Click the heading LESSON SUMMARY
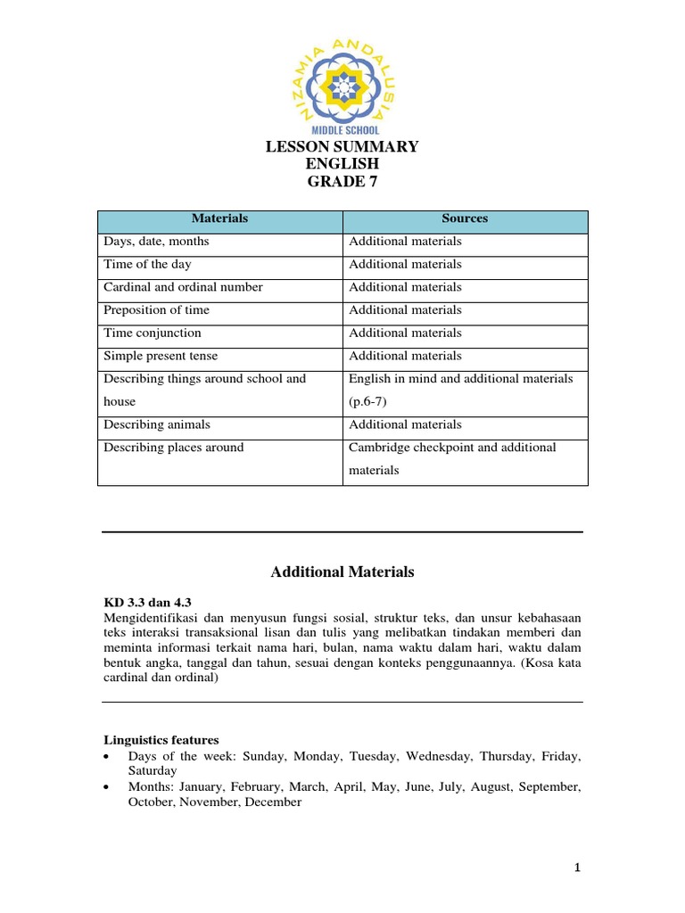[342, 147]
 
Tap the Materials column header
[219, 218]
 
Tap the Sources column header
[465, 218]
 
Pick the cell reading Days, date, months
[156, 242]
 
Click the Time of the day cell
[147, 265]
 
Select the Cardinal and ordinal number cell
[183, 287]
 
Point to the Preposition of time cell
[158, 310]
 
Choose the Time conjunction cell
[153, 333]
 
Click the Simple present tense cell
[159, 356]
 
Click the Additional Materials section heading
[342, 572]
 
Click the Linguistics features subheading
[161, 740]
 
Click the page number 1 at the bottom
[577, 868]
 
